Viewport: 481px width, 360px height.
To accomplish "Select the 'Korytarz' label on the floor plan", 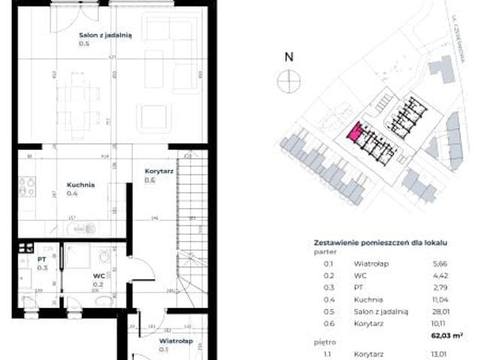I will click(159, 171).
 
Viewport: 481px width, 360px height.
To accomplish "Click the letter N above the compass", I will click(287, 56).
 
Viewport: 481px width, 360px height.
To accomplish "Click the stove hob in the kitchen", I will click(27, 186).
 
